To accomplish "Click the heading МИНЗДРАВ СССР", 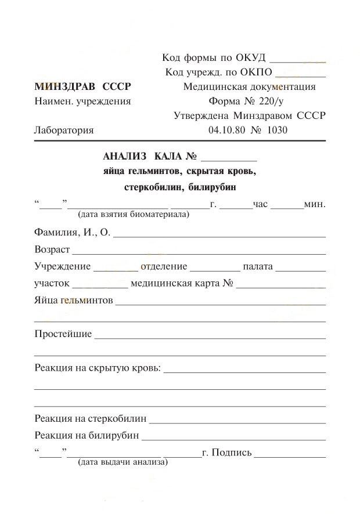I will click(82, 87).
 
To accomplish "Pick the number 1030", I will click(277, 130).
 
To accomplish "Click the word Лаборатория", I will click(64, 130).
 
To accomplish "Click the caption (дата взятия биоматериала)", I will click(134, 215).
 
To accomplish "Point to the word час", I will click(260, 204).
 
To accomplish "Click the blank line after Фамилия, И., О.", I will click(219, 236).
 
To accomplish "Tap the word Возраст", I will click(52, 250).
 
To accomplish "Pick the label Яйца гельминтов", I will click(73, 301).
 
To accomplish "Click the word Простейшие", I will click(63, 334).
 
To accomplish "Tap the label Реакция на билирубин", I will click(87, 435).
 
